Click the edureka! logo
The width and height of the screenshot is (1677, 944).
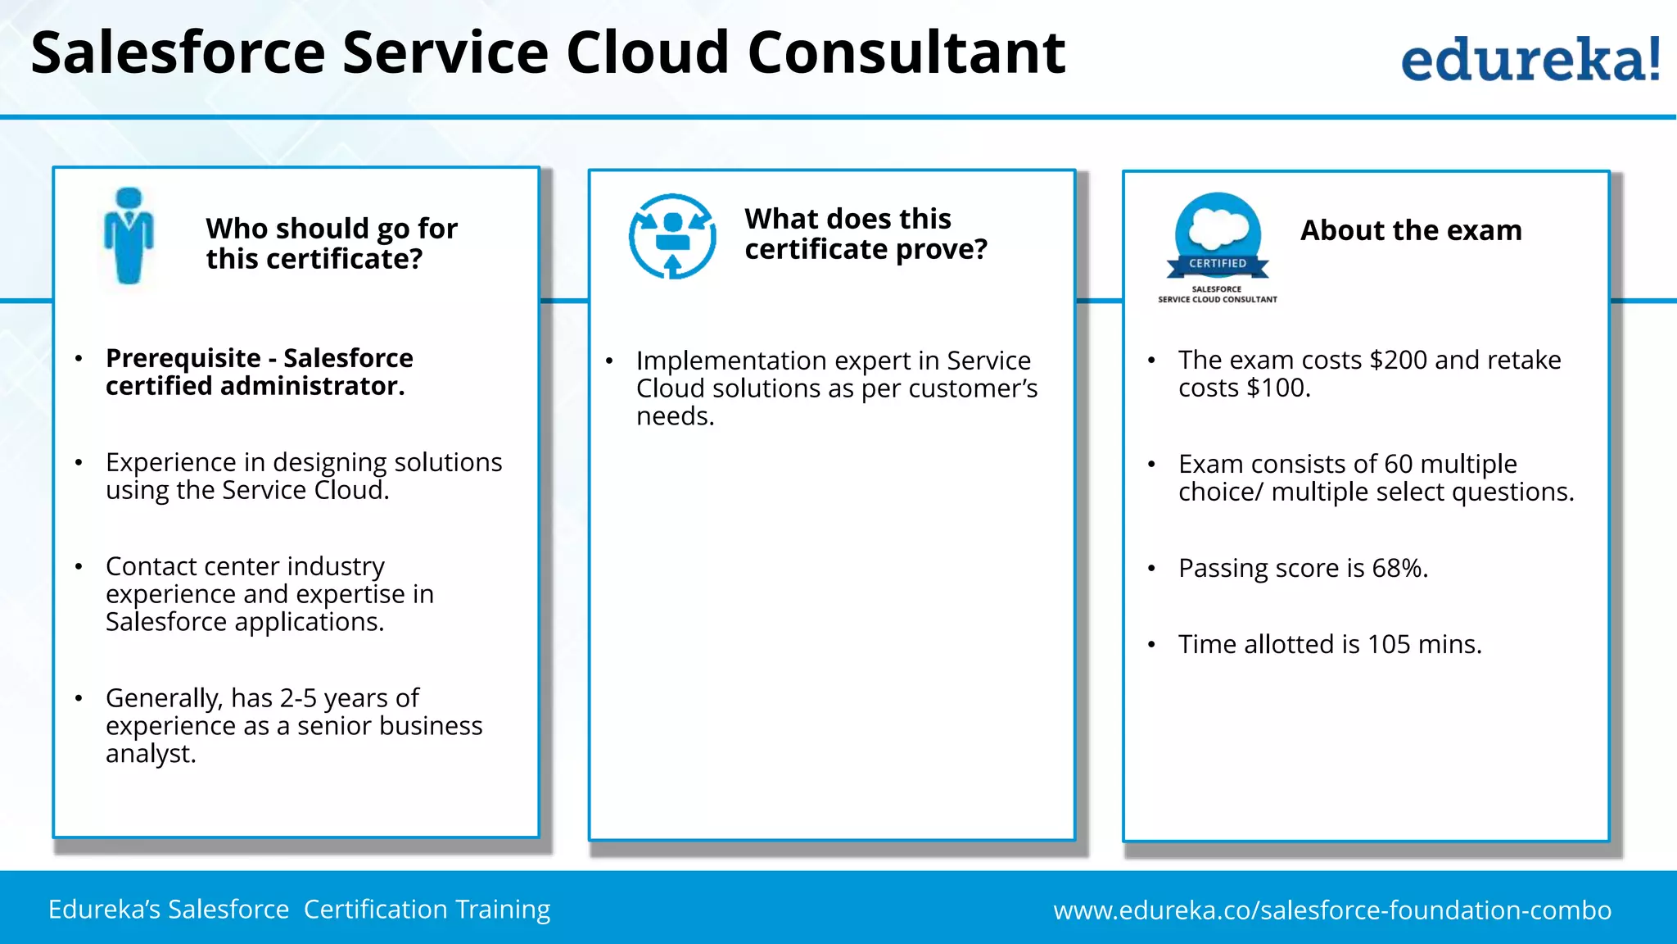pos(1530,59)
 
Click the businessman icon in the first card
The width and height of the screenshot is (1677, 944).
pos(129,236)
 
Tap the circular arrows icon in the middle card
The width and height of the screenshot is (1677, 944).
pos(672,236)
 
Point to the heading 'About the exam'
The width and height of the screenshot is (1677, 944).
pos(1411,230)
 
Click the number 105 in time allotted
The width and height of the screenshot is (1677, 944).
pos(1389,644)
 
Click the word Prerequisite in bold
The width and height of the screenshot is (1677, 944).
pos(183,358)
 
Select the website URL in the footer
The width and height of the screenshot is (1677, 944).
pos(1332,910)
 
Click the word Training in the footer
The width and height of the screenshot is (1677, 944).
pos(503,910)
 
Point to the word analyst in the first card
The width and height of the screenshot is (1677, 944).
pos(150,754)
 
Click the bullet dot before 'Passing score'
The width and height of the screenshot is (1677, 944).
pos(1151,569)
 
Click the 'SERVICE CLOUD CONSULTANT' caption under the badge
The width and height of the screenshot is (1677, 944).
pos(1217,300)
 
